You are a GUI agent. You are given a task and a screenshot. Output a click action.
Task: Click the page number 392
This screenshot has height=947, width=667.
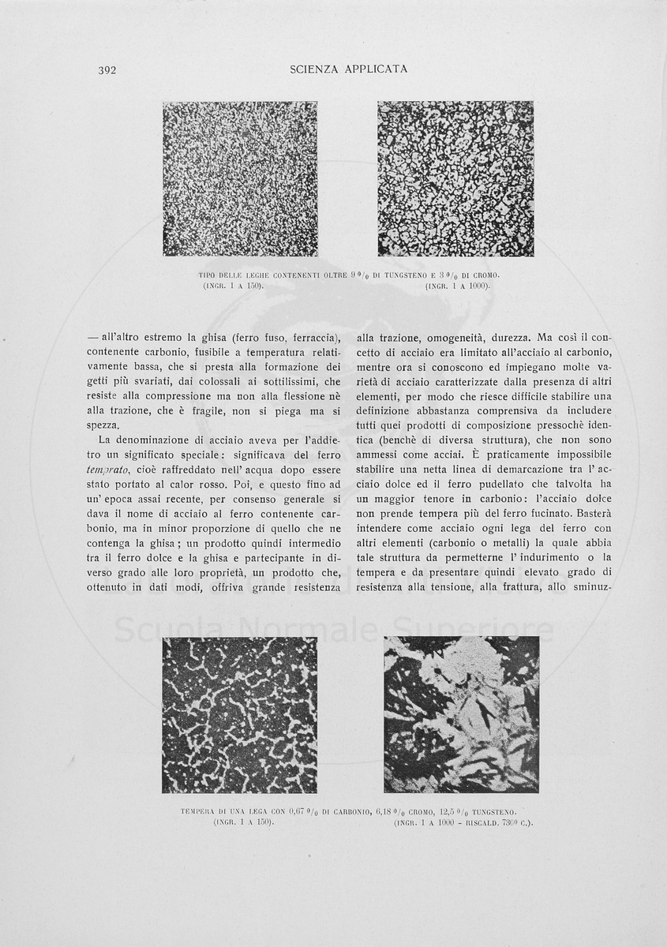click(107, 70)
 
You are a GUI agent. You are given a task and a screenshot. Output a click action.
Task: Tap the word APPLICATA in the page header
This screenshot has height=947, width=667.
click(376, 69)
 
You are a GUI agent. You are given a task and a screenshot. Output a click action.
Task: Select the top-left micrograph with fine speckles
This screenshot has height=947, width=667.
click(240, 178)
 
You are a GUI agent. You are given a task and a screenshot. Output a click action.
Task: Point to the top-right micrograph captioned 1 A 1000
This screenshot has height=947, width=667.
click(455, 178)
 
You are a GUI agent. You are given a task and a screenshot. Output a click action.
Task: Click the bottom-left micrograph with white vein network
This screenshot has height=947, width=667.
click(240, 715)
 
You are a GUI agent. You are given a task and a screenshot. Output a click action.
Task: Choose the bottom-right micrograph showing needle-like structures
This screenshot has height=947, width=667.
click(461, 715)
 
